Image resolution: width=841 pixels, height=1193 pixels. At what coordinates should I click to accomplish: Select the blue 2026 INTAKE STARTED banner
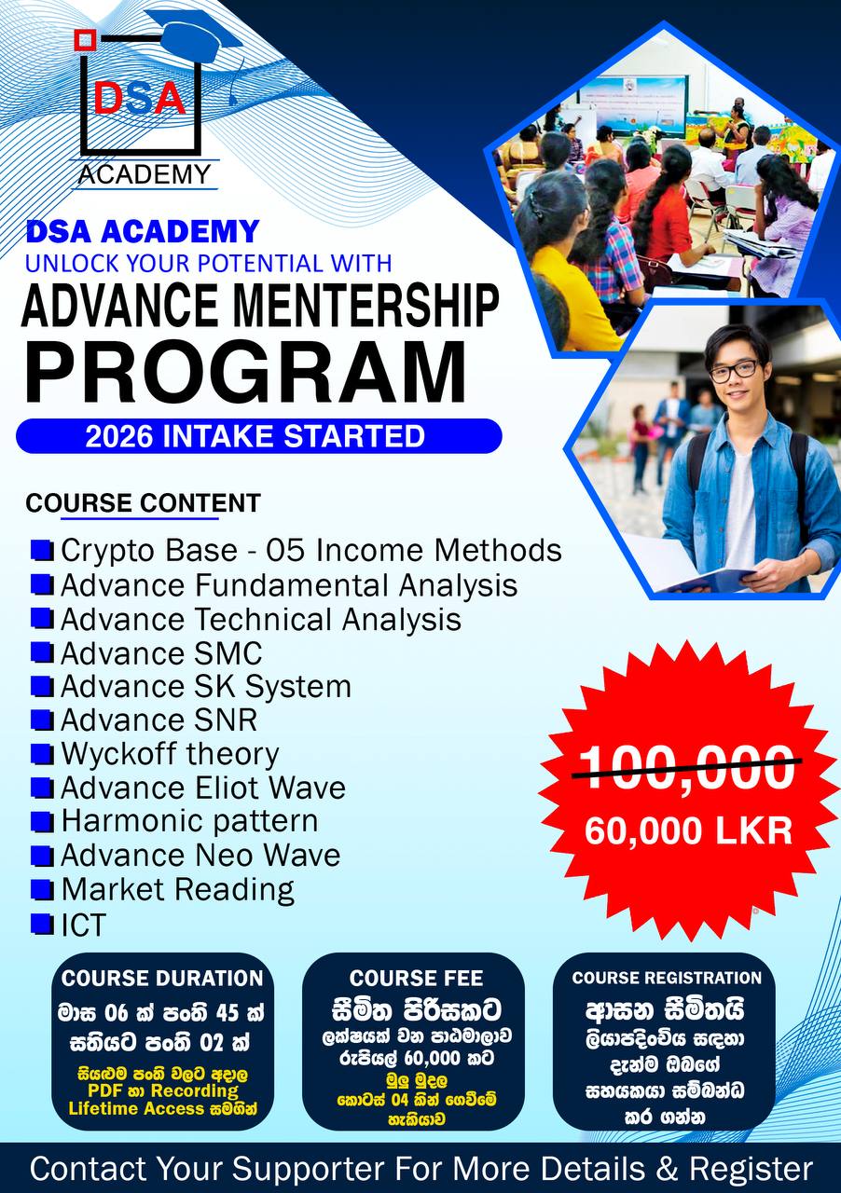(x=258, y=436)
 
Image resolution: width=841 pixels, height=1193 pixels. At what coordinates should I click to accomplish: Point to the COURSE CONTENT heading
(x=143, y=503)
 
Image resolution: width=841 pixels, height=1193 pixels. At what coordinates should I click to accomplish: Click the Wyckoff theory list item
(x=169, y=754)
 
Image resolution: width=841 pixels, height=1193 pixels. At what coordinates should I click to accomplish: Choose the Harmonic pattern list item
(x=188, y=821)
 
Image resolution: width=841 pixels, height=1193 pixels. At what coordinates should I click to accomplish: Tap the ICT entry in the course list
(x=83, y=926)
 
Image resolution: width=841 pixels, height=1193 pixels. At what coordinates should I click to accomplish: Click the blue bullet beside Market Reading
(x=42, y=888)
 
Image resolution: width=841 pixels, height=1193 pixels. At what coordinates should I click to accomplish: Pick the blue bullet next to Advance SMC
(x=42, y=652)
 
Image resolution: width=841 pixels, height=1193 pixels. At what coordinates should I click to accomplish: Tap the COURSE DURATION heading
(x=162, y=979)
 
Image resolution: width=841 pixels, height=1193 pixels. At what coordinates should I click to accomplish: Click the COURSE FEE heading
(x=416, y=979)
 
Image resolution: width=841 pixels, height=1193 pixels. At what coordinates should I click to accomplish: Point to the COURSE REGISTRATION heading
(x=667, y=979)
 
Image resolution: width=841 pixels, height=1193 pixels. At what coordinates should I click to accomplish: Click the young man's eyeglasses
(x=734, y=370)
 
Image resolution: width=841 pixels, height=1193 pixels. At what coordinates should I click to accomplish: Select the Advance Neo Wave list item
(x=200, y=855)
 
